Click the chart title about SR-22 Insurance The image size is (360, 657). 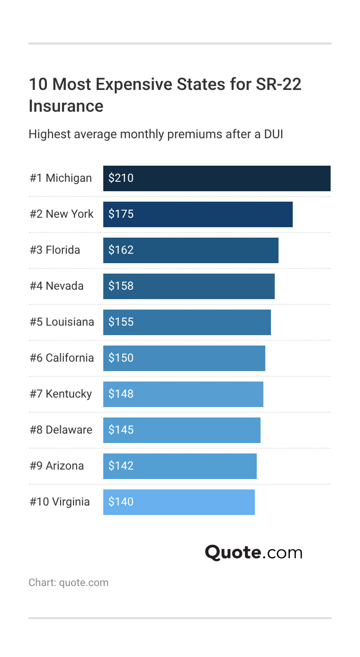[x=165, y=95]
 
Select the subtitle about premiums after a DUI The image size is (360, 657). [x=156, y=134]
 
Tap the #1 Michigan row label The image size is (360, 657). [x=61, y=178]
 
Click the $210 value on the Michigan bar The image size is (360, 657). [x=121, y=178]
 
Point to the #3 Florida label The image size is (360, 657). [x=55, y=250]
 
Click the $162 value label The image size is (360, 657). [x=121, y=250]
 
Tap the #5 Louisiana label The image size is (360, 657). [x=62, y=322]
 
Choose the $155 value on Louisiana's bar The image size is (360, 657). [x=121, y=322]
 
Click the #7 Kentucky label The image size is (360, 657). [x=61, y=394]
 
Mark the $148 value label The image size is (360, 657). [x=121, y=394]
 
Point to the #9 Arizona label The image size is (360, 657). [x=57, y=466]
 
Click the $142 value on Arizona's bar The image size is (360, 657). [x=121, y=466]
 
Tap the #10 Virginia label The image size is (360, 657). [x=60, y=502]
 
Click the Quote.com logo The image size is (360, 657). [x=253, y=552]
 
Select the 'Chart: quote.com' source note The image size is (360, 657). [x=68, y=582]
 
